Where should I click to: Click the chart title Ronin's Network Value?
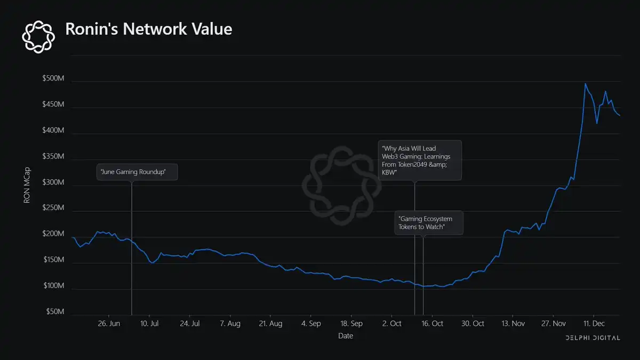(148, 29)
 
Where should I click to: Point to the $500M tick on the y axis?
(53, 79)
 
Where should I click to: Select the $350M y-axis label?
(53, 157)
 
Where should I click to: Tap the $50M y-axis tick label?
(55, 311)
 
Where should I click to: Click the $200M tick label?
(53, 235)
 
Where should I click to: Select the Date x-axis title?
(346, 336)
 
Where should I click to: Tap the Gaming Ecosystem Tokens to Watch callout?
(429, 223)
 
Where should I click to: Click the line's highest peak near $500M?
(585, 84)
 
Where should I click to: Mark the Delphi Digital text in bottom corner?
(593, 338)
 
